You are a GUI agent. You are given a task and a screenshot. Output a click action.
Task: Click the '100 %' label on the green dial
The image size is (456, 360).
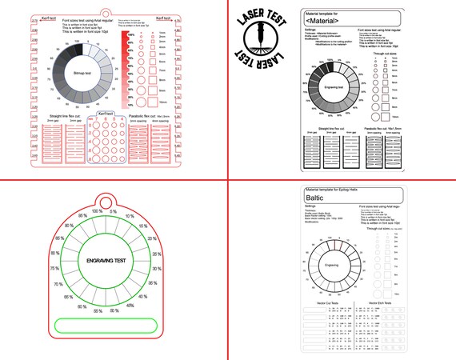pyautogui.click(x=98, y=212)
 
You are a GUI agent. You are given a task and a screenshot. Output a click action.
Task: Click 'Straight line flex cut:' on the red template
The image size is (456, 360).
pyautogui.click(x=66, y=116)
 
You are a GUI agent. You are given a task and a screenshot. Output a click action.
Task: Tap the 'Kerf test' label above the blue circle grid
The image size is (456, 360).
pyautogui.click(x=105, y=114)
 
